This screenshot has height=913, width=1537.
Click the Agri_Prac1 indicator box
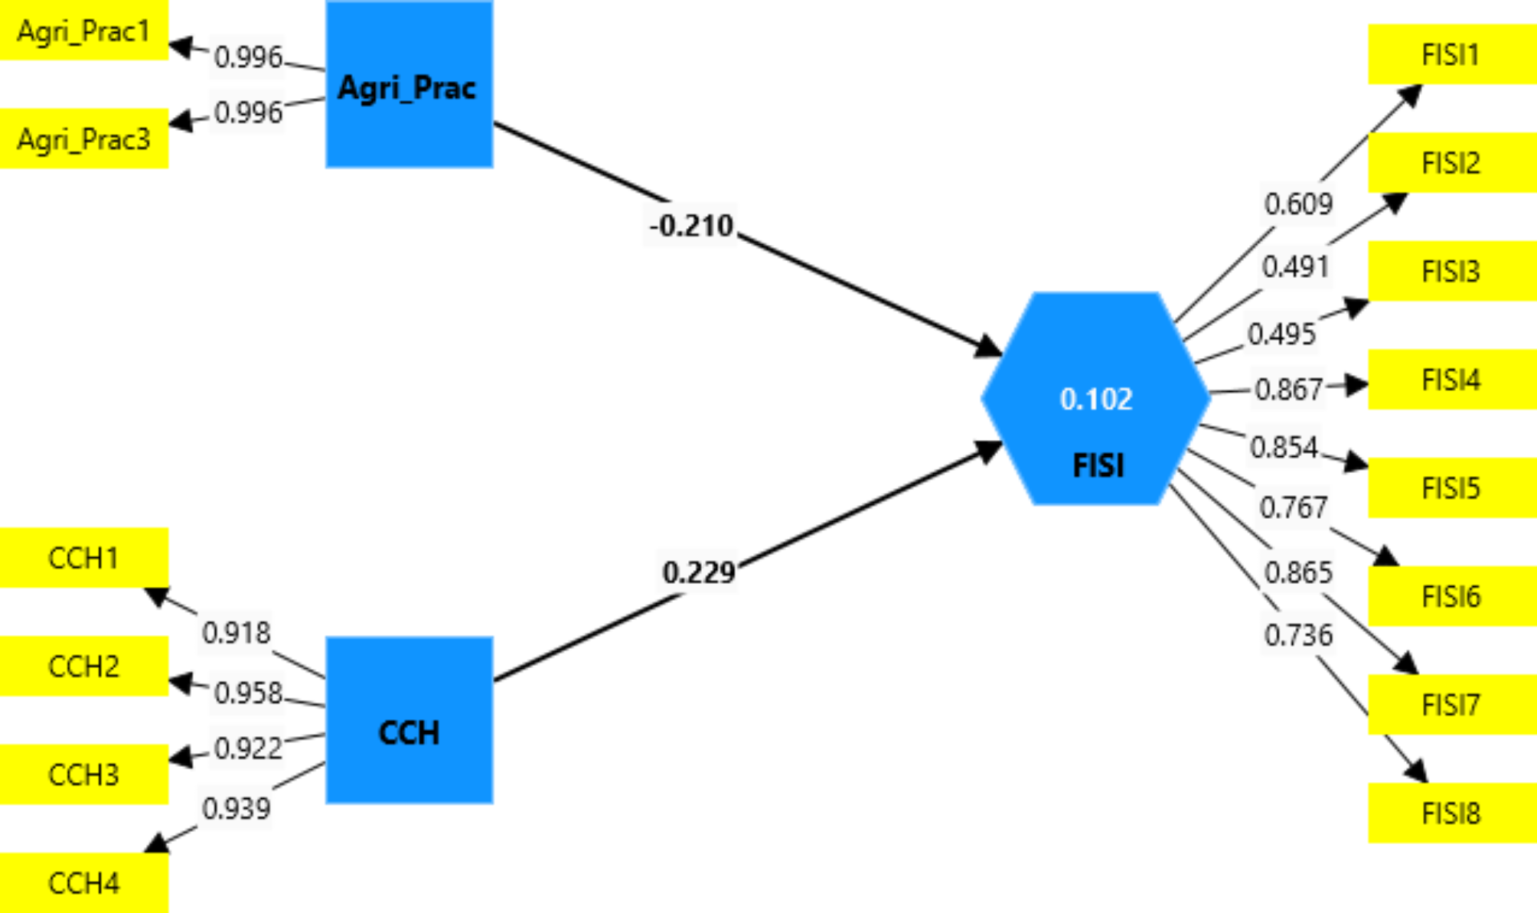tap(83, 31)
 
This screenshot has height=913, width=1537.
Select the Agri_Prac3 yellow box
tap(83, 139)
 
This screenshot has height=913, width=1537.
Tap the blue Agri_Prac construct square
tap(409, 84)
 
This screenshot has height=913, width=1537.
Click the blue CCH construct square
tap(409, 720)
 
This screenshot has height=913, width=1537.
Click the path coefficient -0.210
tap(691, 226)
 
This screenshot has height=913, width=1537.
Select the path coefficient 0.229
tap(699, 572)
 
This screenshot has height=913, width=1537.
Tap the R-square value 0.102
tap(1096, 399)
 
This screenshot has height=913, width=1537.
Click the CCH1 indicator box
tap(83, 558)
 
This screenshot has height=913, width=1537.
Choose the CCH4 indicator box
tap(83, 883)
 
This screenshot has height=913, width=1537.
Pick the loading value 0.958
tap(248, 693)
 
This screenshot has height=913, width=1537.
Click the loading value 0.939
tap(237, 808)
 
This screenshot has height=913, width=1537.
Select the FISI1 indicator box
tap(1451, 54)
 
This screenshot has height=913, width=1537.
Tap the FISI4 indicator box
tap(1451, 380)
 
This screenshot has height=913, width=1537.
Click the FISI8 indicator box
tap(1451, 813)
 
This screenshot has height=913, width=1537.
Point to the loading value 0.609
tap(1298, 204)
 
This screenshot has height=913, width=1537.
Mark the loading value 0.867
tap(1289, 390)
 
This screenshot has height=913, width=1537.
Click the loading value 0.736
tap(1298, 634)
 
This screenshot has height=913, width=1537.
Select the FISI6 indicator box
tap(1451, 596)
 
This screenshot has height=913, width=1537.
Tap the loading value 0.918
tap(237, 632)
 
